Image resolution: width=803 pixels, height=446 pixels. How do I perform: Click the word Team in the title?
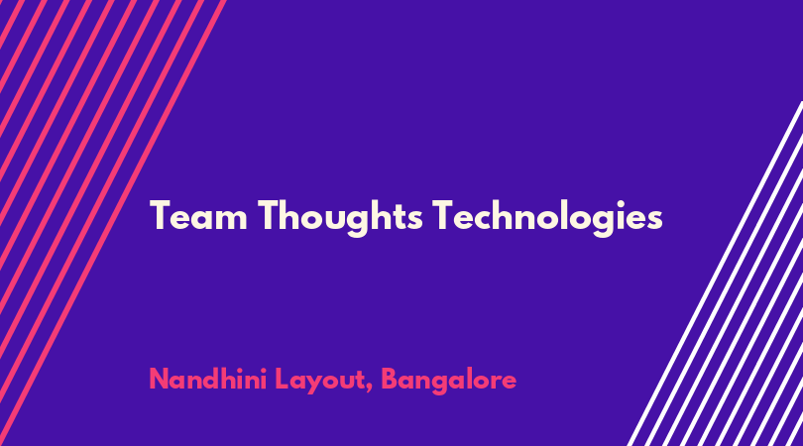point(198,216)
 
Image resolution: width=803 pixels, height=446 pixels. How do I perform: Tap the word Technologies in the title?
point(547,217)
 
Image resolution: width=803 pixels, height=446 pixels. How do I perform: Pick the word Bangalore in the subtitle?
point(449,381)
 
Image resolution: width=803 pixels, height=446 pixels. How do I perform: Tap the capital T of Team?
point(161,215)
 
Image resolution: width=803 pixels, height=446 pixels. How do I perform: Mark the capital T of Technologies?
point(443,215)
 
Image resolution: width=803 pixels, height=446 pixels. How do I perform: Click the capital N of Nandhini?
point(159,379)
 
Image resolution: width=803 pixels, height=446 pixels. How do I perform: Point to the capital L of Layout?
point(283,379)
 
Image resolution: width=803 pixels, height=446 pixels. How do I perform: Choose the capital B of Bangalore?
point(391,379)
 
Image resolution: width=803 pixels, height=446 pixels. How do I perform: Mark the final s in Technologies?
point(654,219)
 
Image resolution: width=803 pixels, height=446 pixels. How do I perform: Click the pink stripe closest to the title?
point(113,223)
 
